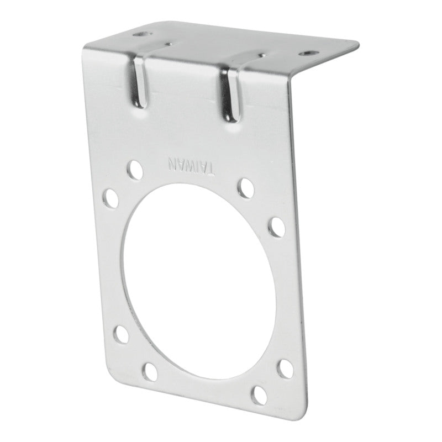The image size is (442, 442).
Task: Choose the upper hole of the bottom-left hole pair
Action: click(x=120, y=334)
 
